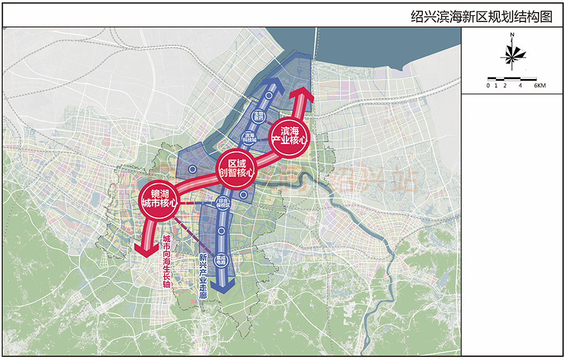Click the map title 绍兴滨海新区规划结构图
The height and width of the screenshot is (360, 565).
(x=481, y=16)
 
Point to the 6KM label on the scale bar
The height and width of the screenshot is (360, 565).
(x=539, y=85)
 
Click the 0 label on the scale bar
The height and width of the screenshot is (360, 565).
(x=487, y=85)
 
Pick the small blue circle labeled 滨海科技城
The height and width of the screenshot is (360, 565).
(x=249, y=136)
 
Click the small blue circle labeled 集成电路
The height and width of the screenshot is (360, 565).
(x=221, y=260)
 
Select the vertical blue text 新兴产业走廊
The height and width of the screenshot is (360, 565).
(x=203, y=276)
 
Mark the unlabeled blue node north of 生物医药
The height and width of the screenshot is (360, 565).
(x=269, y=97)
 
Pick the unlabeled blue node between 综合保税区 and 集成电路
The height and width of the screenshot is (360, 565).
(x=221, y=232)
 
